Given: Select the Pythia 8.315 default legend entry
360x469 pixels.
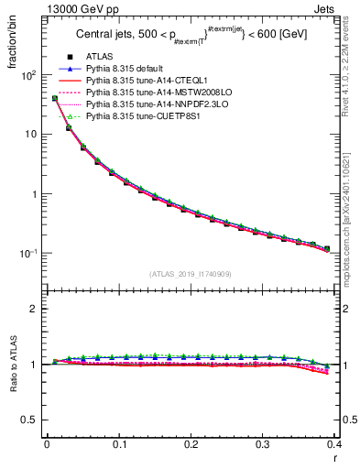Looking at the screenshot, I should (124, 69).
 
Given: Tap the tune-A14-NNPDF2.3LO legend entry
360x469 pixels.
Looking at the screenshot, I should (146, 104).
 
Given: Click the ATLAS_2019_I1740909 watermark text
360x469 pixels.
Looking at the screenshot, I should (191, 274).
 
